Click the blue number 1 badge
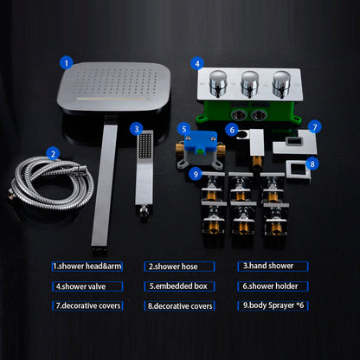pyautogui.click(x=67, y=62)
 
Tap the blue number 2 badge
pyautogui.click(x=53, y=153)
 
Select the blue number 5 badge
pyautogui.click(x=184, y=129)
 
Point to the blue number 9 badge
pyautogui.click(x=196, y=174)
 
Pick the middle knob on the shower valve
pyautogui.click(x=250, y=83)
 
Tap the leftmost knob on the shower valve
pyautogui.click(x=218, y=83)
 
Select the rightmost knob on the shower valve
pyautogui.click(x=281, y=83)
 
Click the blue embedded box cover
pyautogui.click(x=201, y=142)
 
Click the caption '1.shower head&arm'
pyautogui.click(x=87, y=267)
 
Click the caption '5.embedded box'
pyautogui.click(x=179, y=286)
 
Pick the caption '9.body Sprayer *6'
pyautogui.click(x=273, y=305)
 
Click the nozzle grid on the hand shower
pyautogui.click(x=145, y=146)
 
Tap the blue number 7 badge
pyautogui.click(x=314, y=126)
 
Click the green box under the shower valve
pyautogui.click(x=249, y=112)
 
